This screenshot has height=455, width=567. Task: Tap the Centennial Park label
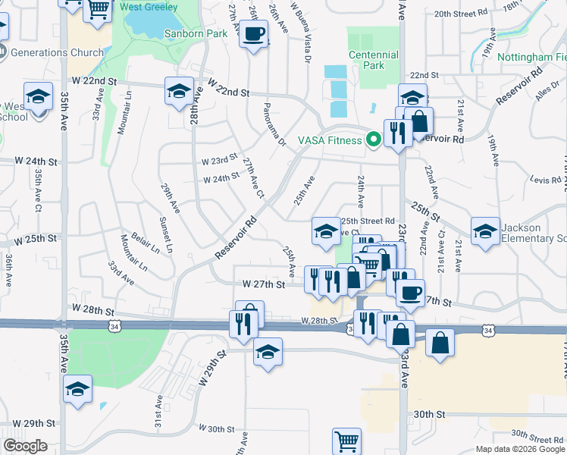click(374, 60)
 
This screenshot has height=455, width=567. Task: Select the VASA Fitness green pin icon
click(373, 140)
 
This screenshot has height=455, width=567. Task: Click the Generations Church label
click(57, 53)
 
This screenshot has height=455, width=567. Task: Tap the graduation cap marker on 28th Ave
click(179, 92)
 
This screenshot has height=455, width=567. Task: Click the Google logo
click(25, 446)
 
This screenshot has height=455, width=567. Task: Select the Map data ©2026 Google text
click(519, 449)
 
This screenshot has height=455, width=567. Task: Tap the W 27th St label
click(263, 284)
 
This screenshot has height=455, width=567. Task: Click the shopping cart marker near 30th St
click(346, 441)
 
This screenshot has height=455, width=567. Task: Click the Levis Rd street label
click(545, 180)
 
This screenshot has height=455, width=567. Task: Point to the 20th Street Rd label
click(481, 14)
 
